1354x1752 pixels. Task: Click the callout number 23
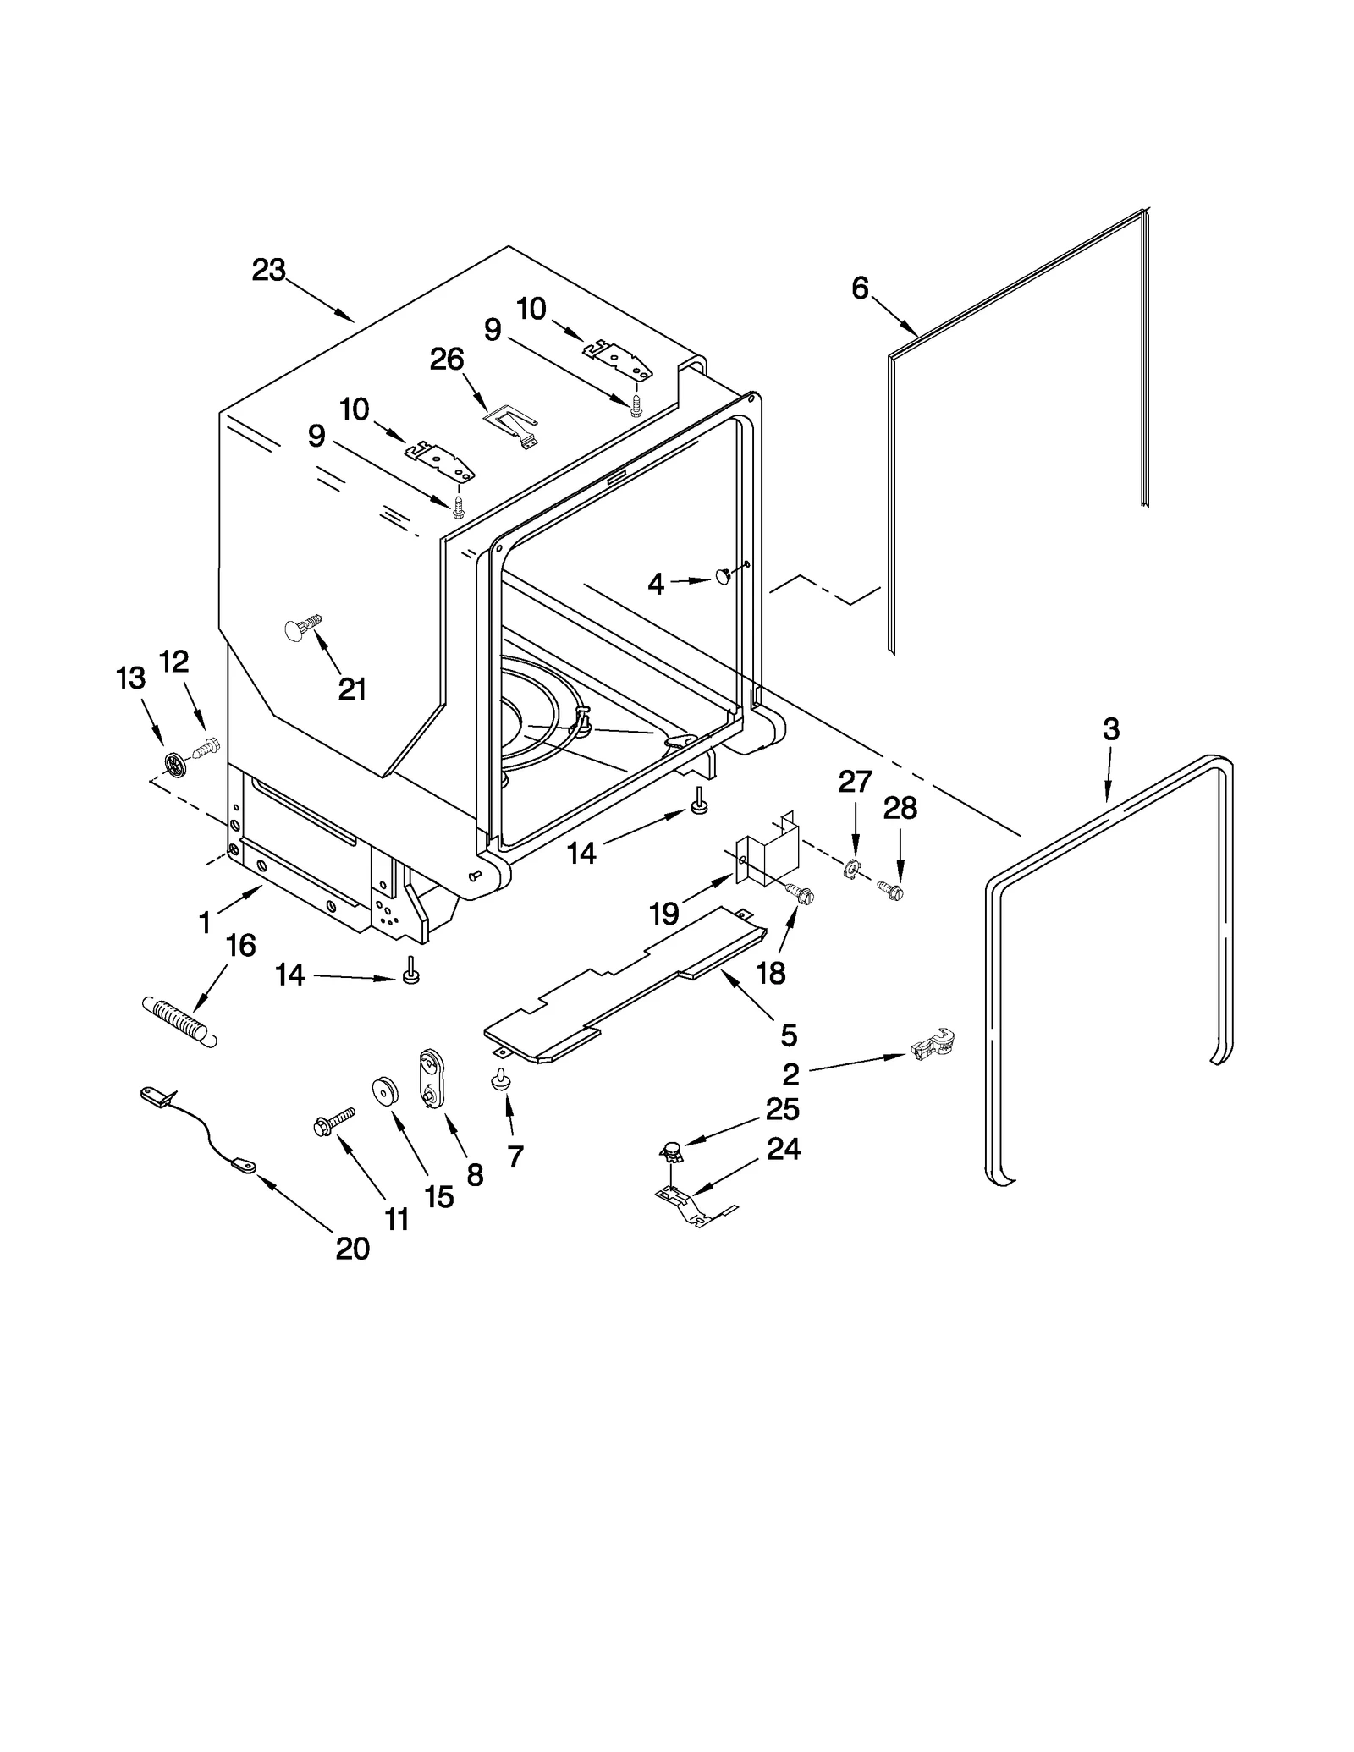point(269,271)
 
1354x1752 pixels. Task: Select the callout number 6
point(860,289)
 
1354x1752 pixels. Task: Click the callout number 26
point(447,360)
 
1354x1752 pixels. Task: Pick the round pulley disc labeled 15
point(386,1092)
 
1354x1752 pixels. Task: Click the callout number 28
point(900,809)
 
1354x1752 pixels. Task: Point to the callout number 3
point(1111,729)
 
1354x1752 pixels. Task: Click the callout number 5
point(788,1034)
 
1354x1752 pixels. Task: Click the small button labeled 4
point(724,578)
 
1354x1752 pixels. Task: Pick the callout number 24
point(783,1149)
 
